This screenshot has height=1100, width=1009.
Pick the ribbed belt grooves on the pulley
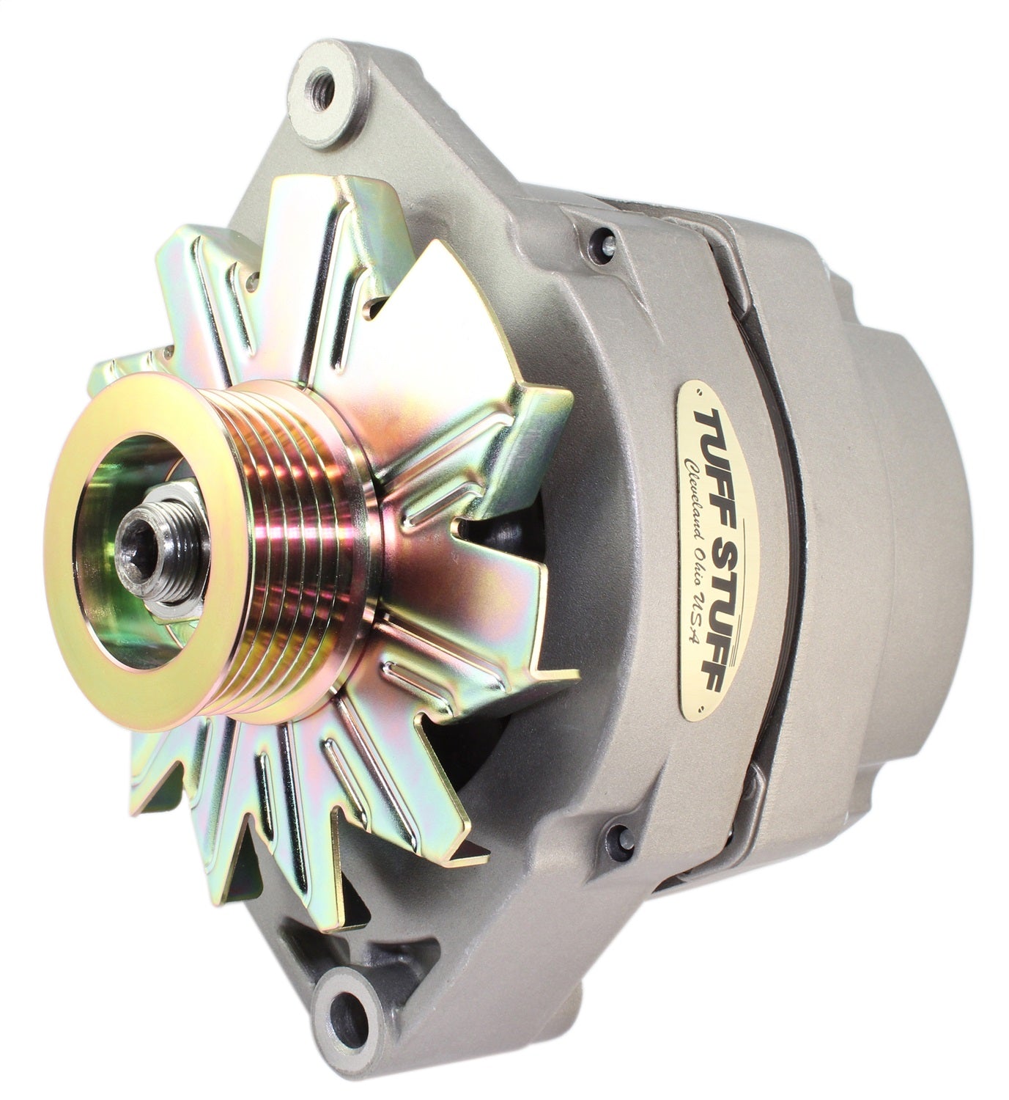click(300, 557)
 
